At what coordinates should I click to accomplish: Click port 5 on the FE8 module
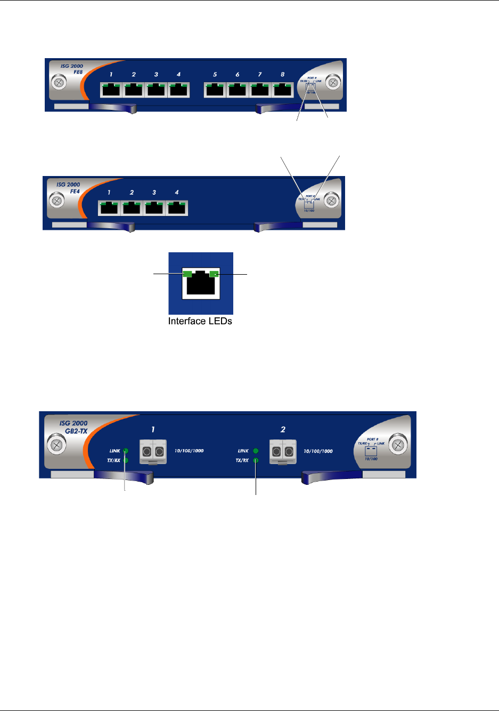tap(215, 90)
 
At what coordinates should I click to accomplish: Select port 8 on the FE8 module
tap(282, 90)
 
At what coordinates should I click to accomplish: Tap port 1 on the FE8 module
tap(111, 90)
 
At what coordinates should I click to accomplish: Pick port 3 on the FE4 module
tap(154, 207)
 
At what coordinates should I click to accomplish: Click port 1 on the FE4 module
tap(109, 207)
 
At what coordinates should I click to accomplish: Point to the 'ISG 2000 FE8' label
tap(72, 69)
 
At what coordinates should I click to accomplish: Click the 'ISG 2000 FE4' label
tap(69, 188)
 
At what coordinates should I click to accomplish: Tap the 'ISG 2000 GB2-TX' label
tap(73, 427)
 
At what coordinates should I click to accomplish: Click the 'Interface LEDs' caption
tap(200, 321)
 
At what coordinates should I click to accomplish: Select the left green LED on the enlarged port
tap(187, 274)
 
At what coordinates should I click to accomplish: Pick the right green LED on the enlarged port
tap(214, 274)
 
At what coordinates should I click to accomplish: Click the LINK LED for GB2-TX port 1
tap(126, 451)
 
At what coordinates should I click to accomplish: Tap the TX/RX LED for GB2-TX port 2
tap(256, 460)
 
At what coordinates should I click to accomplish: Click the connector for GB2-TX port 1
tap(153, 452)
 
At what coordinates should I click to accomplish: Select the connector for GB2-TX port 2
tap(283, 452)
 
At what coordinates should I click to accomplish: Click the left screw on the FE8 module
tap(58, 83)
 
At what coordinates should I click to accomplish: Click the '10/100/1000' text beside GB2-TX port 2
tap(318, 451)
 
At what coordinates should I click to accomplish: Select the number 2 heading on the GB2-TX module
tap(283, 429)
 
